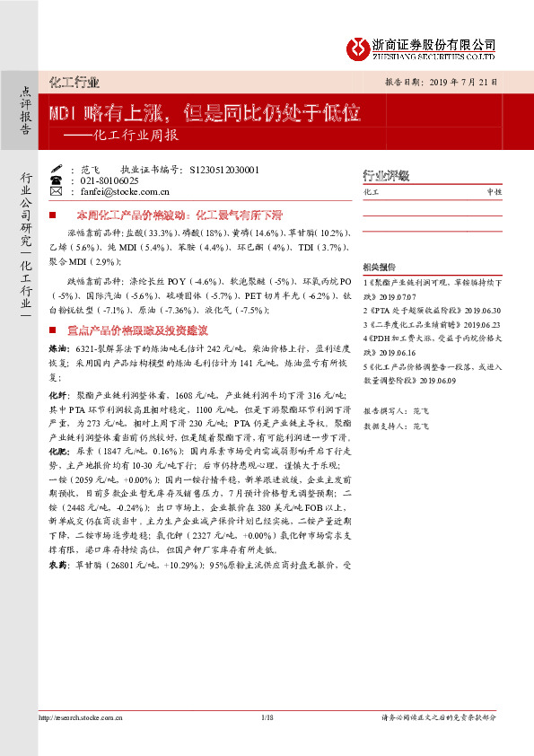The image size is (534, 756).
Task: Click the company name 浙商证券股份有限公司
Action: pos(433,43)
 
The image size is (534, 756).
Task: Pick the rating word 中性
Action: pos(494,192)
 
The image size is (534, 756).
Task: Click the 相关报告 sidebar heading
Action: pos(380,268)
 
